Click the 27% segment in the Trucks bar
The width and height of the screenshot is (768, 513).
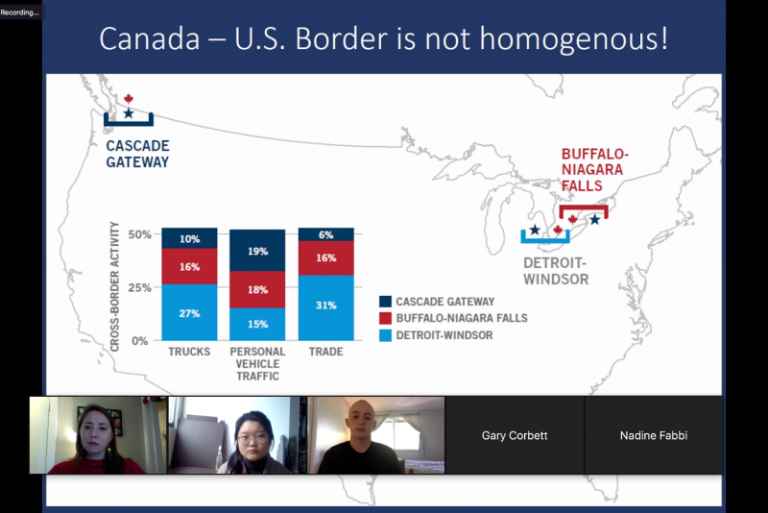(189, 312)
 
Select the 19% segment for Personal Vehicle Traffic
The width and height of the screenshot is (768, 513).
(257, 251)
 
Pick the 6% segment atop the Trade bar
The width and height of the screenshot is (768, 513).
(325, 234)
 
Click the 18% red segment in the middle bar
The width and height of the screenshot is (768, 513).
(257, 289)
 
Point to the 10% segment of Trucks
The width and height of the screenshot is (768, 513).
(189, 238)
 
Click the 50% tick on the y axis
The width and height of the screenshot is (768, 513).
(139, 234)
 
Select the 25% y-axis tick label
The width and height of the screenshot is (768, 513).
(139, 287)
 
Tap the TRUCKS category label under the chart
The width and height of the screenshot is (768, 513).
(189, 352)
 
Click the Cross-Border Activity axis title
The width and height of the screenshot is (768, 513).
(114, 286)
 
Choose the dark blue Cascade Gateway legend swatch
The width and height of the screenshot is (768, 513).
(386, 302)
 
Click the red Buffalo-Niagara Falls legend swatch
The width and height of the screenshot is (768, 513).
(386, 318)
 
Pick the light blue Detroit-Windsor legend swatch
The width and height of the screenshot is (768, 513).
(386, 335)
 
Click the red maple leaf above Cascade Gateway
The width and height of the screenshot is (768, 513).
(129, 99)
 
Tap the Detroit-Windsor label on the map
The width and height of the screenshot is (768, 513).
(556, 271)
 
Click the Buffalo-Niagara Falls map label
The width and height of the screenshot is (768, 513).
(594, 169)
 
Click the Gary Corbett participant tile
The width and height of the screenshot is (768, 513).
(515, 435)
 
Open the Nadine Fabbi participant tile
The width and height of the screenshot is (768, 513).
(654, 435)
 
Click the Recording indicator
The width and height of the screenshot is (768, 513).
(20, 12)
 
